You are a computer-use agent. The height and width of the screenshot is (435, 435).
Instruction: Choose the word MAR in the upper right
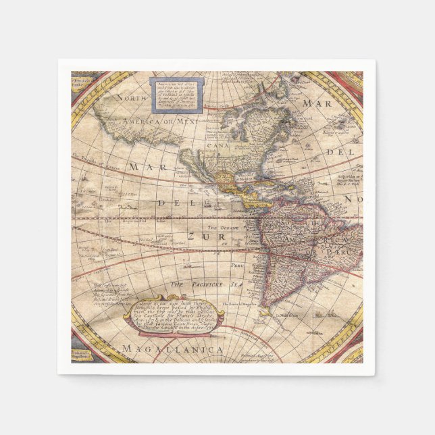[x=317, y=103]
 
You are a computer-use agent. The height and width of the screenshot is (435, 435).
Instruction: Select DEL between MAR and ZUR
[x=170, y=202]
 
